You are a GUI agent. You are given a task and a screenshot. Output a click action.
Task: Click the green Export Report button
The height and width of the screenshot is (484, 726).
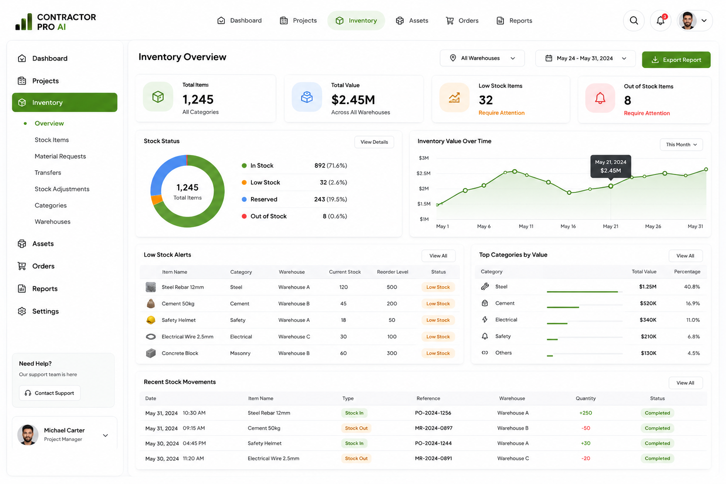click(x=676, y=60)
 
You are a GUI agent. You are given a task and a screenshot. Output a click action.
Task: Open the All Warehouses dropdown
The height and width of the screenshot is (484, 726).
click(x=482, y=58)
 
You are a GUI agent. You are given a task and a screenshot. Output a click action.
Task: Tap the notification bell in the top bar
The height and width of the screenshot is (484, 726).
click(x=660, y=20)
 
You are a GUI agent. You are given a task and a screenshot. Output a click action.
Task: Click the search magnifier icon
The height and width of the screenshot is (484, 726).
click(x=634, y=20)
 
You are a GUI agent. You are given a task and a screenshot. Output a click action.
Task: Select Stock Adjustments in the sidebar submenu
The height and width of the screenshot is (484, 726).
click(x=62, y=189)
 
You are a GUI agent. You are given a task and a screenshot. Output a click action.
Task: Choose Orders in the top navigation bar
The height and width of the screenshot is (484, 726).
click(x=462, y=20)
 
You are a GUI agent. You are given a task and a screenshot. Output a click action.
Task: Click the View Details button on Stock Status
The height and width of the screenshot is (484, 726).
click(x=374, y=142)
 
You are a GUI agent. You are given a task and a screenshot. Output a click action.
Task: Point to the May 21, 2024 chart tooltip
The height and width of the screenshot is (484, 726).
click(x=611, y=166)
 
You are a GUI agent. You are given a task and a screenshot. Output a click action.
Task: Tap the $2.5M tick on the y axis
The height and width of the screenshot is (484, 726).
click(x=423, y=173)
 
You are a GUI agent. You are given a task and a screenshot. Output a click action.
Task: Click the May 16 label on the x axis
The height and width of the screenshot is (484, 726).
click(x=568, y=226)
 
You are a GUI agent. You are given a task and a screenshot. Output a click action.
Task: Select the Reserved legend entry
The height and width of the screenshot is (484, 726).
click(x=264, y=199)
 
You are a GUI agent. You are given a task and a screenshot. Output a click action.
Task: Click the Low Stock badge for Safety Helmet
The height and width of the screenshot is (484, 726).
click(x=438, y=320)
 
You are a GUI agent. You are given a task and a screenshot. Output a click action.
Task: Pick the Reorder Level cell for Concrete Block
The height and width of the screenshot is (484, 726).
click(x=392, y=353)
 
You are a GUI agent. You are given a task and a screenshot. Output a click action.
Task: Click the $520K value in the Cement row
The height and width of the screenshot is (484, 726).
click(x=648, y=303)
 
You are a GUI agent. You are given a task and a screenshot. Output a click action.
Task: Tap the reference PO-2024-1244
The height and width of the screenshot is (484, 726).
click(x=433, y=443)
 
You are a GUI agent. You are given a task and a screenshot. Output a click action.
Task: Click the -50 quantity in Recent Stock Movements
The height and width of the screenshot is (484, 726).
click(x=586, y=428)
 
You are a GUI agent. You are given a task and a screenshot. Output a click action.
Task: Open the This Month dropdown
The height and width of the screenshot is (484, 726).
click(x=681, y=145)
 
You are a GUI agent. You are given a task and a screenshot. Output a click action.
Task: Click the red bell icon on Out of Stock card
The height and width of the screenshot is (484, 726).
click(x=600, y=98)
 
